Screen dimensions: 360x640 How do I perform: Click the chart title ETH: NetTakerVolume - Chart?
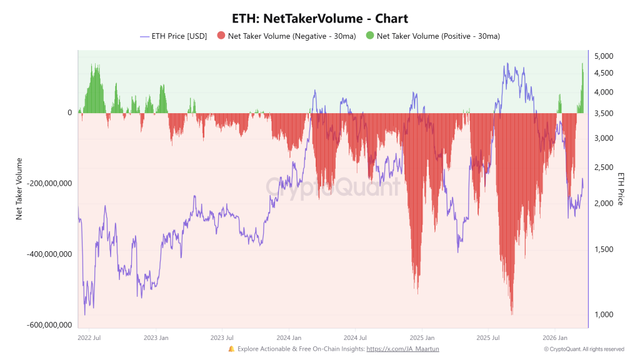pos(319,19)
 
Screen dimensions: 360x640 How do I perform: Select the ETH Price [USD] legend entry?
pos(179,36)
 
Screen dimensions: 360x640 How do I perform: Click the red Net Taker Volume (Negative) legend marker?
pos(221,36)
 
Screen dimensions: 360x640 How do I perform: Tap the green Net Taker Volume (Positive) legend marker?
pos(370,36)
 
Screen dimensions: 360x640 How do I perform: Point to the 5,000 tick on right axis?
pos(604,57)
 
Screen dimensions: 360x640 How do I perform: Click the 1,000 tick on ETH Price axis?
pos(604,314)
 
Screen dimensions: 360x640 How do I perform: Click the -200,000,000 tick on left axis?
pos(47,184)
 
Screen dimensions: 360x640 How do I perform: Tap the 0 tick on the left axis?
pos(70,113)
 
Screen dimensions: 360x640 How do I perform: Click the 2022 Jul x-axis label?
pos(89,338)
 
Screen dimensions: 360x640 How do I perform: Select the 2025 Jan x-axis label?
pos(421,338)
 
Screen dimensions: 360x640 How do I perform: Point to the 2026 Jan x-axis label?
pos(555,338)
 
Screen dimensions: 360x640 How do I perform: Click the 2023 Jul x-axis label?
pos(222,338)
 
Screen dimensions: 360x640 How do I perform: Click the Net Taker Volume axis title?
pos(19,188)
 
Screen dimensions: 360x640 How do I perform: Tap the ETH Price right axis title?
pos(621,188)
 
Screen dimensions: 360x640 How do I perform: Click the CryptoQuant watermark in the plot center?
pos(332,186)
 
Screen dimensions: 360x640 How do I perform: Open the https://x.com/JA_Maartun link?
pos(402,349)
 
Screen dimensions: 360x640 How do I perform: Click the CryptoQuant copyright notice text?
pos(584,349)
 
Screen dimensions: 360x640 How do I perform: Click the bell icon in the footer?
pos(231,349)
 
